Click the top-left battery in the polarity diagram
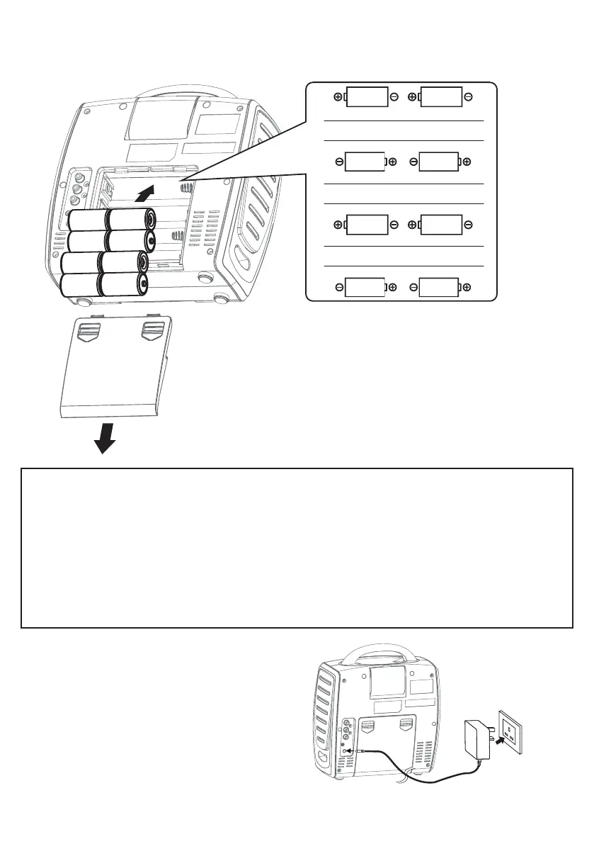pos(367,97)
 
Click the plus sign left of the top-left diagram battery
pos(338,97)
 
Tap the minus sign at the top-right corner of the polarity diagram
pos(469,97)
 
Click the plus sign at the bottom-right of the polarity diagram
pos(467,286)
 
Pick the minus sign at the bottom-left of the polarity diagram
pos(339,286)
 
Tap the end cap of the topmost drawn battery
pos(150,218)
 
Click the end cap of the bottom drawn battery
pos(144,285)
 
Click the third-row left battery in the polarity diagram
pos(367,225)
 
